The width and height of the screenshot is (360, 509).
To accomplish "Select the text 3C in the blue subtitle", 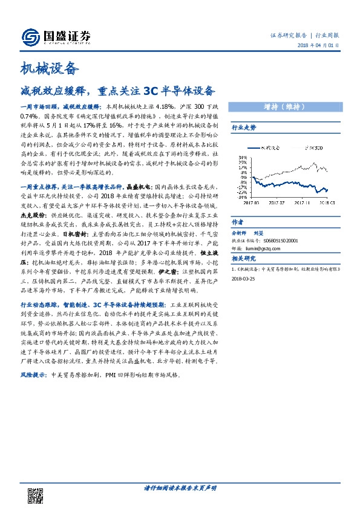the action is tap(152, 91).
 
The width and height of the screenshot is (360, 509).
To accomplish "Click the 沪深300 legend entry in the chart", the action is tap(312, 147).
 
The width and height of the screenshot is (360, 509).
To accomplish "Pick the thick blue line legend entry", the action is tap(263, 147).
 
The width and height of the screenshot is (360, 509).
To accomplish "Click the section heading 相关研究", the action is tap(244, 259).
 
